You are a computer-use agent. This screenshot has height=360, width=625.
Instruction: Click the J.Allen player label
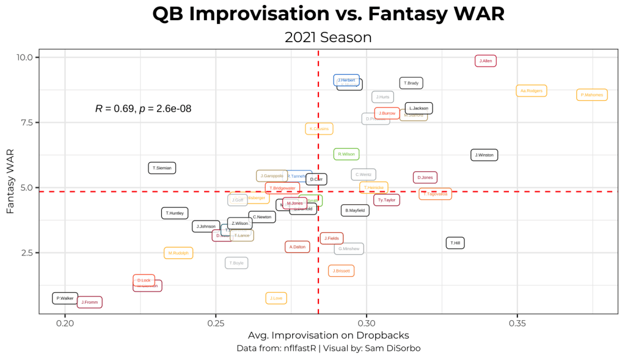486,61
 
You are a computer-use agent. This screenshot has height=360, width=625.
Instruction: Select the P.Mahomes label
592,95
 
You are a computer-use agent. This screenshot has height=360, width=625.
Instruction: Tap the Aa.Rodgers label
531,90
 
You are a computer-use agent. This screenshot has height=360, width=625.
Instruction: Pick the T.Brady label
411,83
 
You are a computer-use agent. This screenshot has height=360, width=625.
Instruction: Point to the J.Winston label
484,155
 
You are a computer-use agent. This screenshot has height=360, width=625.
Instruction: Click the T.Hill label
455,243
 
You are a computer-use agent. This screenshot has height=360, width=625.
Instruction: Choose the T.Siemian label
162,167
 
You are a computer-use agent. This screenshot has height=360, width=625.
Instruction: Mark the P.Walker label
65,298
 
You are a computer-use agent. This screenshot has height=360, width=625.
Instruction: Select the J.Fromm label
90,302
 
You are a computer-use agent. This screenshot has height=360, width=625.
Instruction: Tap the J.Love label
276,298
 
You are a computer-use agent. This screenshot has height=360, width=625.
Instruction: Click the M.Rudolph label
178,253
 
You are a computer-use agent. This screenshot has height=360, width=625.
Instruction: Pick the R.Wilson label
346,154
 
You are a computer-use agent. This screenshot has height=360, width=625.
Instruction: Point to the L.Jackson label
419,108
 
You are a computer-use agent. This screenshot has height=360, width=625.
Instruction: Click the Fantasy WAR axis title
10,184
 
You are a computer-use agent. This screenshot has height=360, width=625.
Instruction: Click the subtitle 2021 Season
328,37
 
